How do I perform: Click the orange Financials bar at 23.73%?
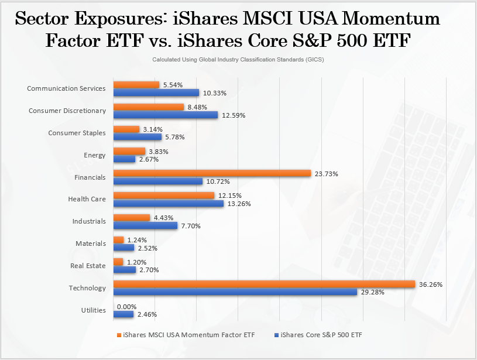211,173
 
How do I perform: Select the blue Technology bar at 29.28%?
235,292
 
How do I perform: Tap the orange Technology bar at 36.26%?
264,284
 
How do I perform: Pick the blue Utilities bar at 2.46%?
123,314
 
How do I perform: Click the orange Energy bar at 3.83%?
129,151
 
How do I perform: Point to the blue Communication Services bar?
156,92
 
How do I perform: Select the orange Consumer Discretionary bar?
148,107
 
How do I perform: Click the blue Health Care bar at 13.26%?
168,204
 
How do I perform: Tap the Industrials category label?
88,221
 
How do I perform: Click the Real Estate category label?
88,266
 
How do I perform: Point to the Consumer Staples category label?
77,133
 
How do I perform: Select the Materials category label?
90,244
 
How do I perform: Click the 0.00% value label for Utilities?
126,307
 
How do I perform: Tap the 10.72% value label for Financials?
218,181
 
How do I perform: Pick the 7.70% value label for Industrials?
190,226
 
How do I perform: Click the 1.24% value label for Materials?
138,240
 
